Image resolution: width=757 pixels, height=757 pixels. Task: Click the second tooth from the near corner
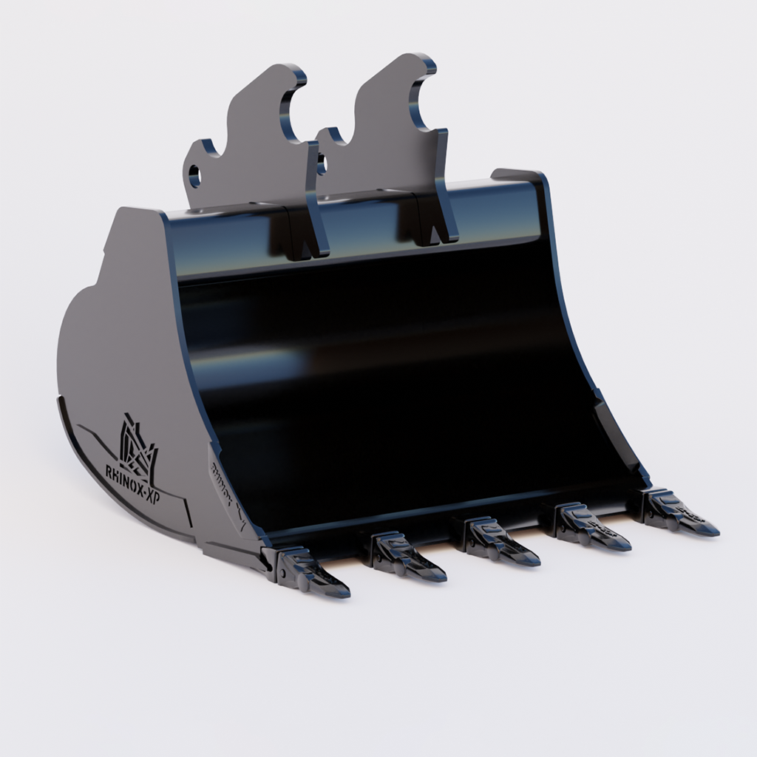coord(407,558)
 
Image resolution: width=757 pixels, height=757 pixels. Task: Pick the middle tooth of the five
coord(498,543)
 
